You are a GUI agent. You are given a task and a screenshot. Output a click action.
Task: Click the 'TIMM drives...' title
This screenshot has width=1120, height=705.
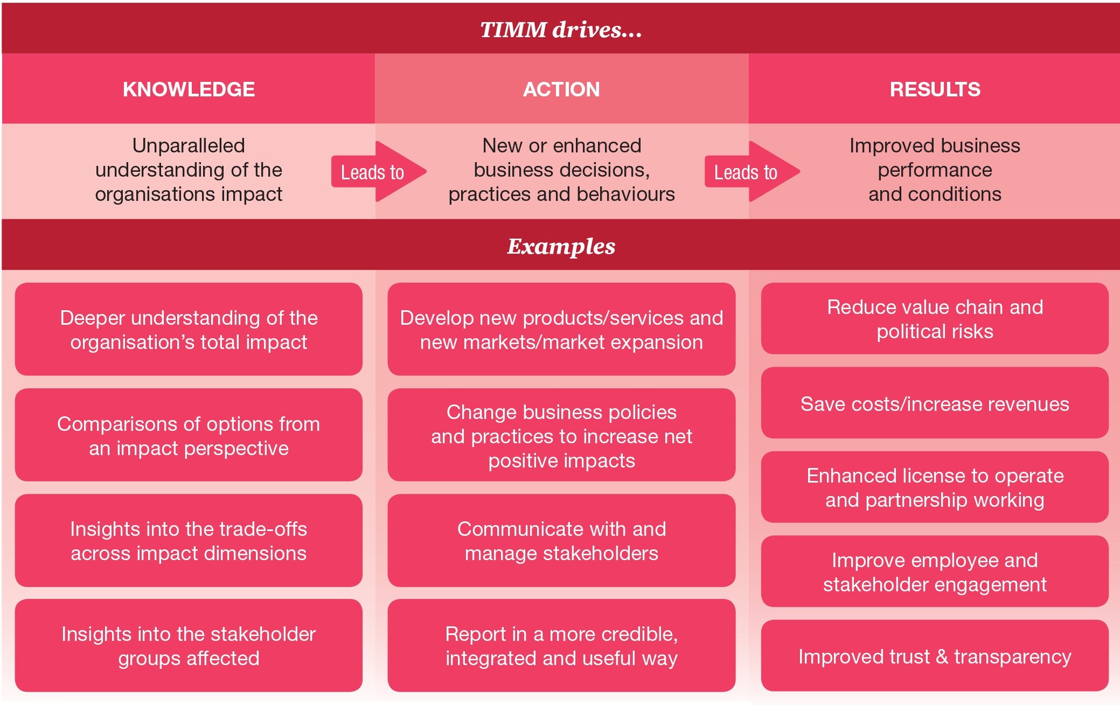coord(560,30)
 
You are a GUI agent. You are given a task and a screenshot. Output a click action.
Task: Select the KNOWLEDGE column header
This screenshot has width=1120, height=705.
coord(189,89)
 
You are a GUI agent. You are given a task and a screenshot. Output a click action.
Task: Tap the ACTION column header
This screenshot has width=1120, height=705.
coord(561,89)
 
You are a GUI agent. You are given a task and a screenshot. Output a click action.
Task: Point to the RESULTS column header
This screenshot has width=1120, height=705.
coord(935,89)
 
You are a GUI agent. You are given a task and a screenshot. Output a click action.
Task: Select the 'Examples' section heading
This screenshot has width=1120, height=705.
coord(561,246)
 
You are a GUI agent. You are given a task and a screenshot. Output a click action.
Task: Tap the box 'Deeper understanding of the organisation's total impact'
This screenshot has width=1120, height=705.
coord(189,329)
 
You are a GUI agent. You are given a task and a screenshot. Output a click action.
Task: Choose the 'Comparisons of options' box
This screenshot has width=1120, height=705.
coord(189,435)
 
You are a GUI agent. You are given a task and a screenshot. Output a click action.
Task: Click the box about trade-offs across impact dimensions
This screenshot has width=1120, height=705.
coord(189,540)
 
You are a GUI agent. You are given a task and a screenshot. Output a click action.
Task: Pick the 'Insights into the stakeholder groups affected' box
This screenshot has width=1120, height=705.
coord(189,645)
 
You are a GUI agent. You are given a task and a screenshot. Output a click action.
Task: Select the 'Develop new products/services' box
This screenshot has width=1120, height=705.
coord(561,329)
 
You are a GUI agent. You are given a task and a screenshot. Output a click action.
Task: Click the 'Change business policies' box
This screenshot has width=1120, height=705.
coord(561,435)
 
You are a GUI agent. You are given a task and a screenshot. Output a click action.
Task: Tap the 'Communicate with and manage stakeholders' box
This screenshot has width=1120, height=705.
coord(561,540)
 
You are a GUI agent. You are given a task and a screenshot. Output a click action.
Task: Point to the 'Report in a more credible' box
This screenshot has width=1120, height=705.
coord(561,645)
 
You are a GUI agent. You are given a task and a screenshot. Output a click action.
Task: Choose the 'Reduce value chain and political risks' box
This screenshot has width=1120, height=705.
coord(935,318)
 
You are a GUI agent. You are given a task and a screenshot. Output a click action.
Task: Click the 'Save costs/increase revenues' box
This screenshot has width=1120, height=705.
coord(935,403)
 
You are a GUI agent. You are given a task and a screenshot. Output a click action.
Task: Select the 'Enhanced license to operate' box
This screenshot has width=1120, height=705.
coord(935,487)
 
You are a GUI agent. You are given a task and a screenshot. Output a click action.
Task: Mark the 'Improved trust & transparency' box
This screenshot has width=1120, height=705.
coord(935,656)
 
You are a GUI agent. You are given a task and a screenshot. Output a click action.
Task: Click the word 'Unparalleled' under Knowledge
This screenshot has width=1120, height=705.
coord(189,145)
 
